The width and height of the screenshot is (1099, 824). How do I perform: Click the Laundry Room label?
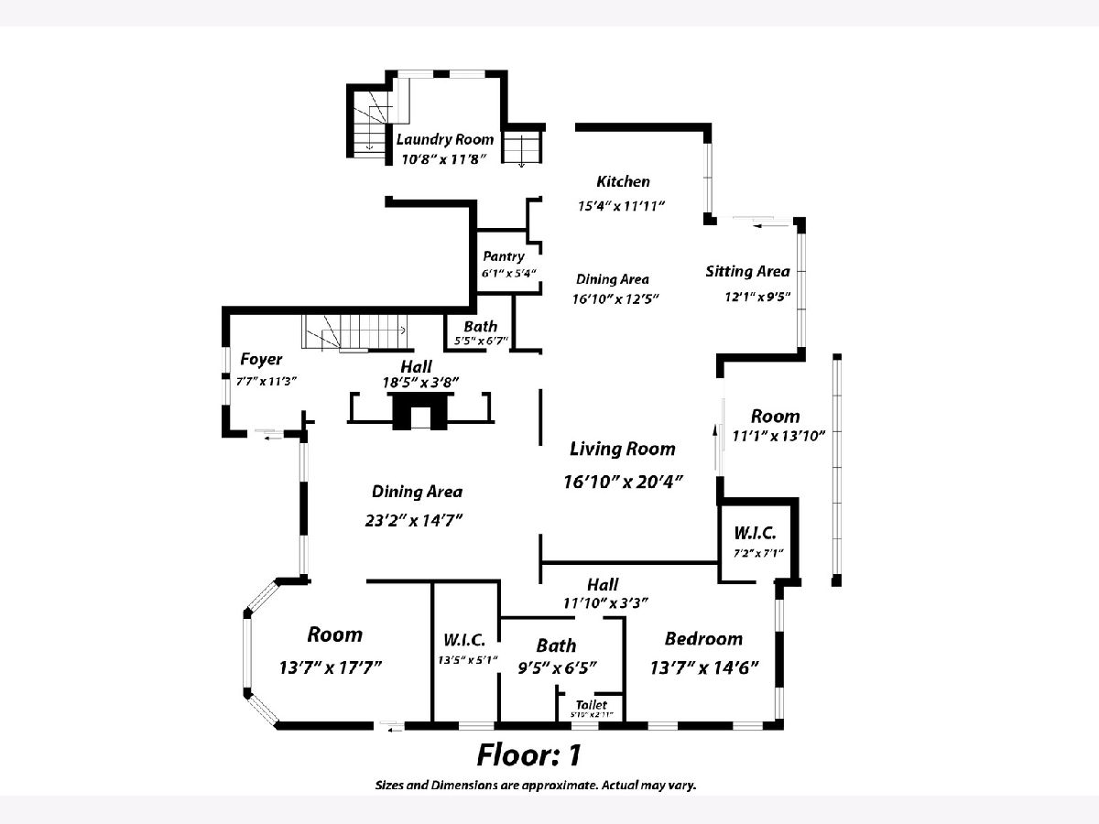444,139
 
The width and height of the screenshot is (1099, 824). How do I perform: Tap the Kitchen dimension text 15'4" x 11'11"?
620,206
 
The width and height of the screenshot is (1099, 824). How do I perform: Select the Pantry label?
504,256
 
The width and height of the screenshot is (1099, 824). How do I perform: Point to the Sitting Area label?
747,271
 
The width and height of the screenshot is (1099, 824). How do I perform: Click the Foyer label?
261,359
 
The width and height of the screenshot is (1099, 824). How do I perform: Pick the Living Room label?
622,449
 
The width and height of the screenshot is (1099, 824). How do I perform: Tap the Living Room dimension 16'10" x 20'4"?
624,482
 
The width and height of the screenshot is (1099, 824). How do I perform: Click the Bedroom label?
703,638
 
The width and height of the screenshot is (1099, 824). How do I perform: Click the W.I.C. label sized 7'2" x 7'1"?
755,533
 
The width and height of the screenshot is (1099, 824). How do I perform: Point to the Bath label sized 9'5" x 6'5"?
556,645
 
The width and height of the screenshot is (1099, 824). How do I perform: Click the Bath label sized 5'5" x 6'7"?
480,326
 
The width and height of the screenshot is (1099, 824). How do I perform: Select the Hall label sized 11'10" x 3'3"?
602,584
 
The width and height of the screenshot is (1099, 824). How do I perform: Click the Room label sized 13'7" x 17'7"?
334,634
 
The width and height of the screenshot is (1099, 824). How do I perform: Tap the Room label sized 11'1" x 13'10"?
775,416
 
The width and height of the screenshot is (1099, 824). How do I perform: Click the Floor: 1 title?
528,755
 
